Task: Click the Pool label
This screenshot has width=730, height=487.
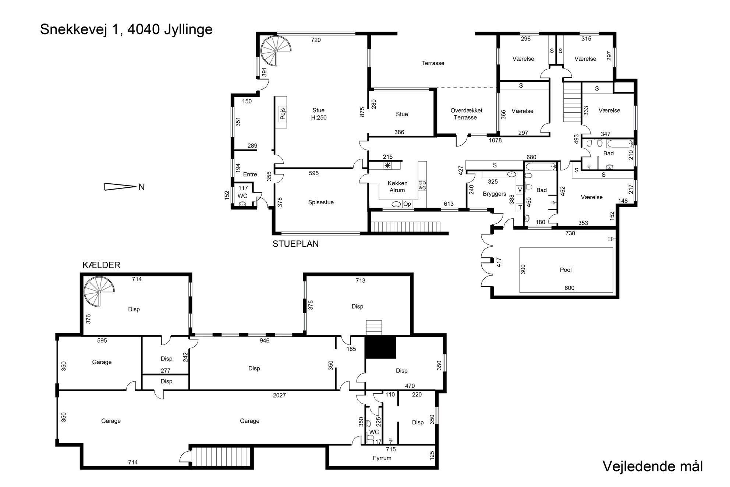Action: [566, 270]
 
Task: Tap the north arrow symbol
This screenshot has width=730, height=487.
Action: [120, 187]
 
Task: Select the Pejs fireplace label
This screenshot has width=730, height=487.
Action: [283, 114]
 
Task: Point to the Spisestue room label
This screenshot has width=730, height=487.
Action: [321, 202]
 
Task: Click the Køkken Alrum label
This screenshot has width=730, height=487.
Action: [397, 187]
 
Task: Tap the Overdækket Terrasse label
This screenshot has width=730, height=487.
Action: [466, 114]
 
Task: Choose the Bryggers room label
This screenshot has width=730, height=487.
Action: [495, 194]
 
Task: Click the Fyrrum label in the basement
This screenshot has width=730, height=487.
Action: [382, 458]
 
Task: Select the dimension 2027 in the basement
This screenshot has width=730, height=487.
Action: [279, 395]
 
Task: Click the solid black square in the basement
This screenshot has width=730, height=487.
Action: [380, 347]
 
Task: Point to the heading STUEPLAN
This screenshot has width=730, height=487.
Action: [295, 244]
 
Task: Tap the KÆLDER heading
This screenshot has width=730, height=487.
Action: [102, 265]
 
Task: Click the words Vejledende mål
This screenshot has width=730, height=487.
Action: [652, 466]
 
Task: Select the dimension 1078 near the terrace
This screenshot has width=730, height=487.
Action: [495, 140]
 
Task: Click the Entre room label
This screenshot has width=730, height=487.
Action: [250, 174]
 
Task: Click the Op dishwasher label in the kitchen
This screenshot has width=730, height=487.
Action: [407, 204]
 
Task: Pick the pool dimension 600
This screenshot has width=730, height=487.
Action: [569, 288]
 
